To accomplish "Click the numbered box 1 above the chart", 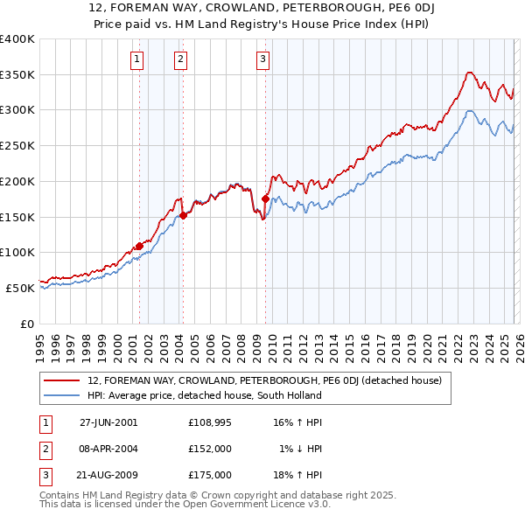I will [138, 59].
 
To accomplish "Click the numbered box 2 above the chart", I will [180, 59].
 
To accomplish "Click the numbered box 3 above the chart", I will [263, 59].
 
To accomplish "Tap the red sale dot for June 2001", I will [139, 246].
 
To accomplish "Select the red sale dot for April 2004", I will [183, 215].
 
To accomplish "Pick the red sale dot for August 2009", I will [265, 199].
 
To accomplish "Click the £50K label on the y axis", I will [20, 288].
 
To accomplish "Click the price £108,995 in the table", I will [209, 422].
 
